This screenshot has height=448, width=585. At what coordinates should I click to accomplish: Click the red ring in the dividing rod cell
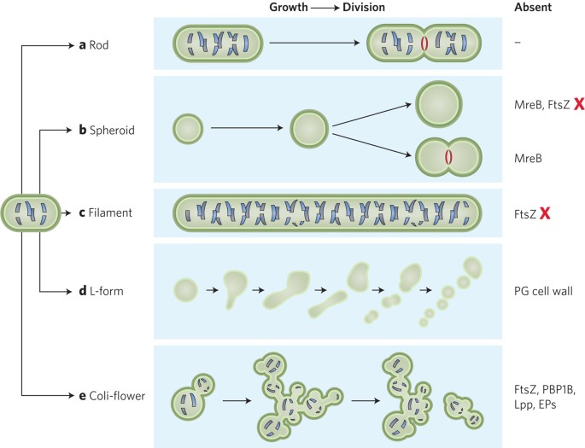point(424,44)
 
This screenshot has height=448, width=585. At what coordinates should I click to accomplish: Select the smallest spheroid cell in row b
point(188,130)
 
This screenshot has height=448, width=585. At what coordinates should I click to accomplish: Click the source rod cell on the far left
point(30,211)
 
